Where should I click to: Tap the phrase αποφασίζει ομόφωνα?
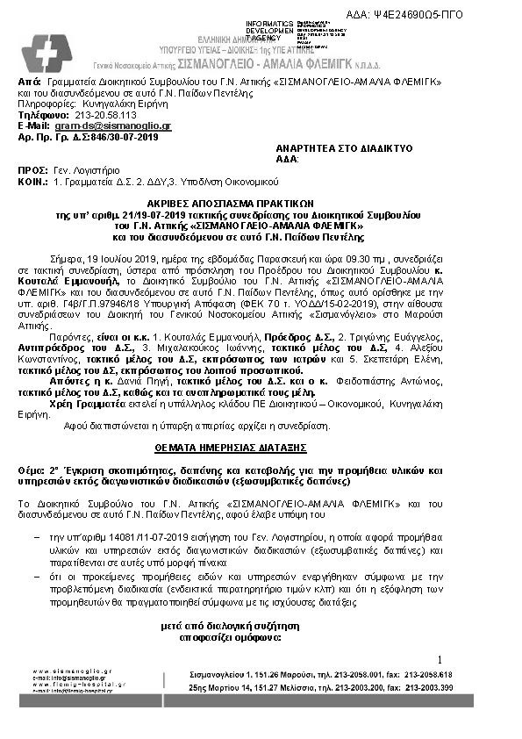(261, 638)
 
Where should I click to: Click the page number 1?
(440, 658)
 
